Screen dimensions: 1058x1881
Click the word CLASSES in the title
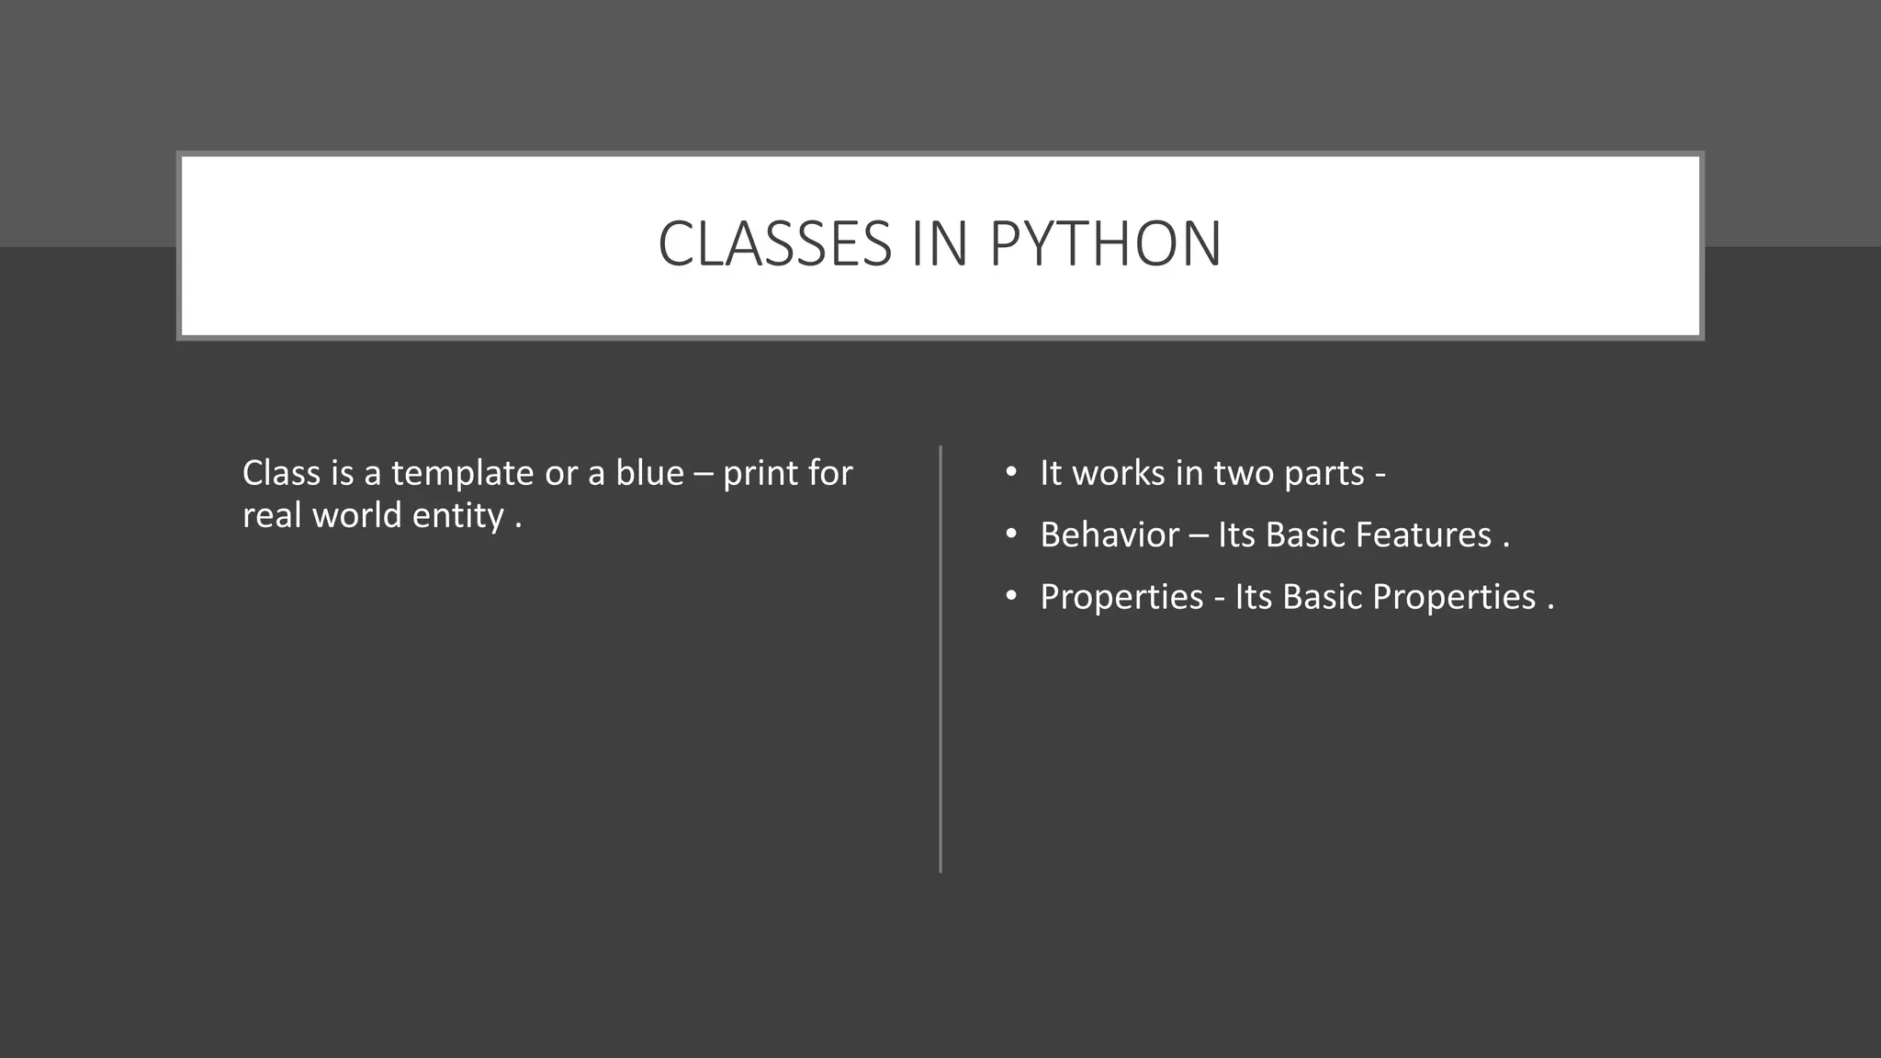pos(774,244)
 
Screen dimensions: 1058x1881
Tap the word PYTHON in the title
pos(1105,244)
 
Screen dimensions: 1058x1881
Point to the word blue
pos(649,474)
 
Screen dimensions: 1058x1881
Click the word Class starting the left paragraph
pos(280,474)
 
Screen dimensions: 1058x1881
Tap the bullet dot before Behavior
pos(1011,535)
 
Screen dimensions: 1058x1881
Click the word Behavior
pos(1109,535)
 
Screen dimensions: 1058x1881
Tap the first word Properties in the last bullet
pos(1121,598)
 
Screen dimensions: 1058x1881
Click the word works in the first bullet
pos(1118,474)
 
